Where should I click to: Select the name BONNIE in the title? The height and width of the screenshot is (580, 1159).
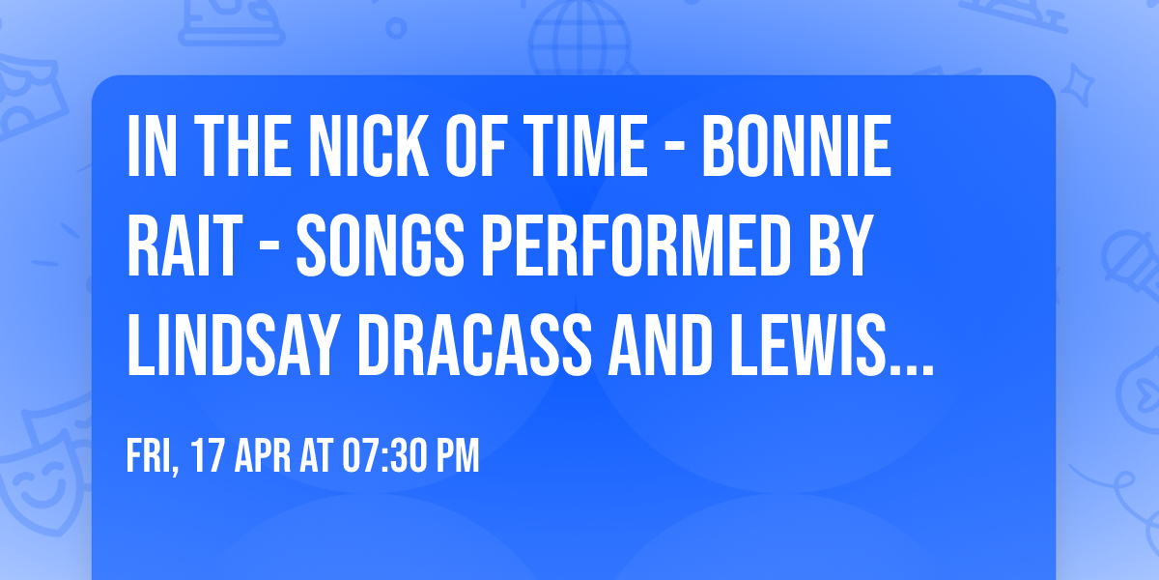point(794,148)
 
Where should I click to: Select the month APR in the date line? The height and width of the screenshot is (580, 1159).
point(264,456)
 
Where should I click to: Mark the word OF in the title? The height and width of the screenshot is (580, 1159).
point(480,148)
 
